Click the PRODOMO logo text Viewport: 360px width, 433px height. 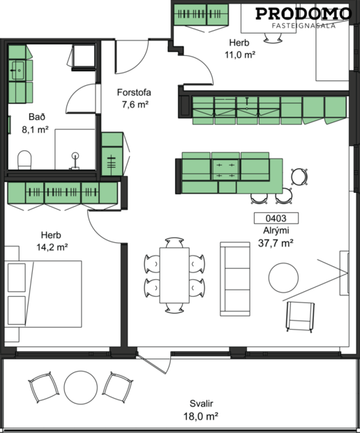click(x=302, y=13)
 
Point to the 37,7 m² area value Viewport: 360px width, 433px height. click(x=276, y=243)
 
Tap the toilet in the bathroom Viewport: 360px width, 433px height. click(x=24, y=159)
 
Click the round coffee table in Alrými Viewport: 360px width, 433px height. click(x=286, y=277)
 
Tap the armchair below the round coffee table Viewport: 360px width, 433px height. click(x=299, y=316)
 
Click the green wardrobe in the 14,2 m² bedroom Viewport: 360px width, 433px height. click(x=61, y=192)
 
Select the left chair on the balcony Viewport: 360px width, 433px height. click(x=43, y=386)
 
